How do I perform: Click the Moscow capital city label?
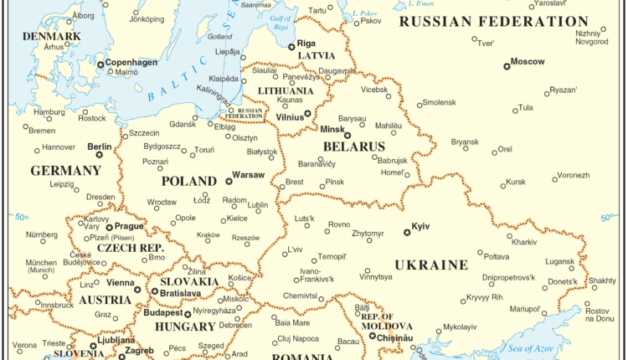[528, 61]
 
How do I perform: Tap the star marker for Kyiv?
[406, 232]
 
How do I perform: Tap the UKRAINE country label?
[430, 265]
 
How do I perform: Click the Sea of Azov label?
[537, 347]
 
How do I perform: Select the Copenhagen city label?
[131, 62]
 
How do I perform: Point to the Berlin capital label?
[100, 147]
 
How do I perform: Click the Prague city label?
[130, 226]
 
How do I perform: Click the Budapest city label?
[162, 313]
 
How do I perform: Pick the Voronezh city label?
[574, 175]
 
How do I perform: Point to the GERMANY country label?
[65, 170]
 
